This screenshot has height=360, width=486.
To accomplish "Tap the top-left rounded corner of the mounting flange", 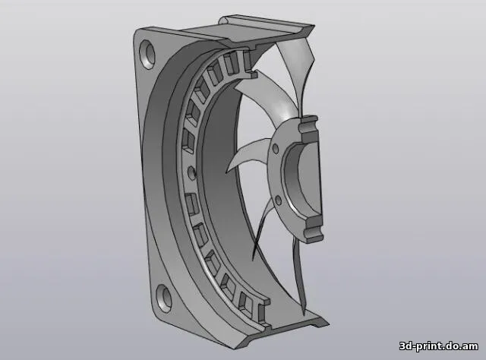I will [137, 34].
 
